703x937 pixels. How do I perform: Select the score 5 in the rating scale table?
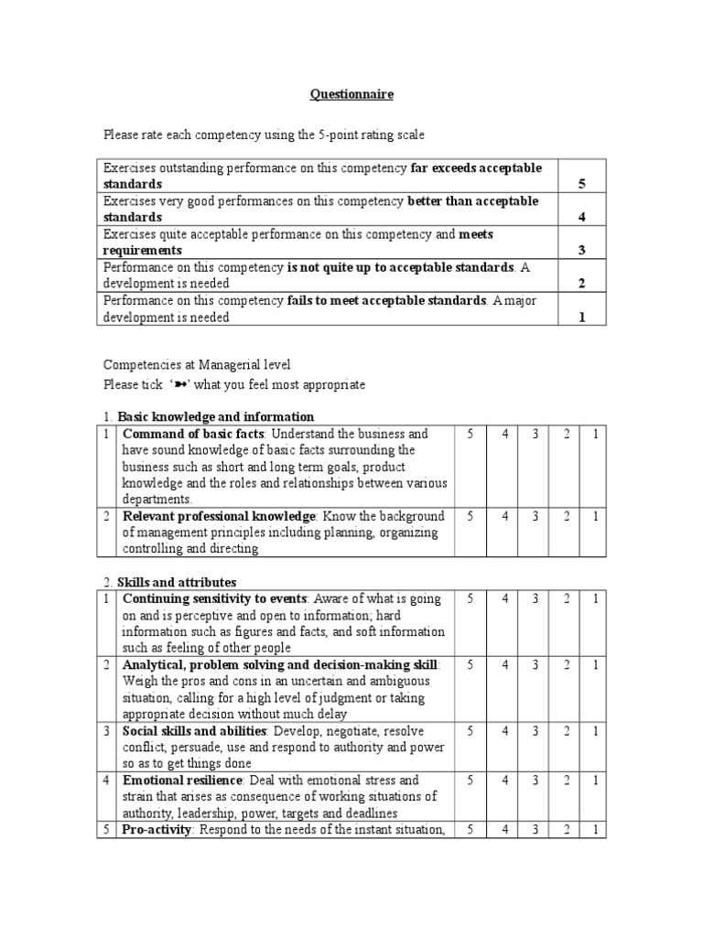[581, 184]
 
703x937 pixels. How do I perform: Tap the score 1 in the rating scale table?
[581, 317]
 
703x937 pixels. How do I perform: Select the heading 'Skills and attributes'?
[177, 582]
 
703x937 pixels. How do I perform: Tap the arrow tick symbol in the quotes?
[180, 384]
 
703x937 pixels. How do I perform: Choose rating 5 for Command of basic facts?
[470, 434]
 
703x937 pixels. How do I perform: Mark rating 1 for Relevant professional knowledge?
[594, 516]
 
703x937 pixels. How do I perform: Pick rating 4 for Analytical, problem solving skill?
[503, 664]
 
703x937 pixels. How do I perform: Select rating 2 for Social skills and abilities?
[566, 730]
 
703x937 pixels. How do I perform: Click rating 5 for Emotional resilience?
[470, 780]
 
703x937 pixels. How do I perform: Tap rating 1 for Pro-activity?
[594, 829]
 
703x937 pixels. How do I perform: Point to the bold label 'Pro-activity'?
[157, 829]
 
